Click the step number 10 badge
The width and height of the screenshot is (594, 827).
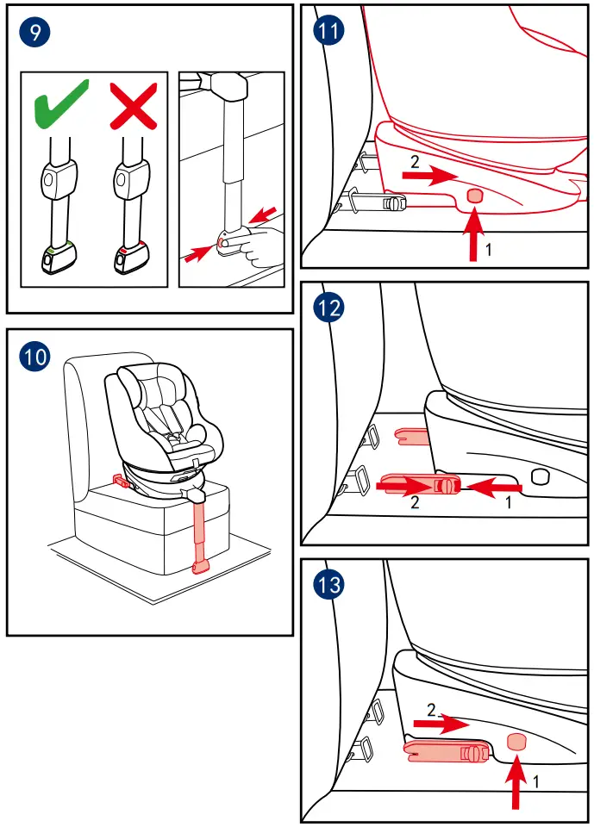coord(34,357)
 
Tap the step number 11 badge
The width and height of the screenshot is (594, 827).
coord(328,32)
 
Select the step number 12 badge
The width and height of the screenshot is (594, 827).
coord(328,308)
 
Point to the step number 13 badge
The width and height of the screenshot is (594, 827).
coord(328,585)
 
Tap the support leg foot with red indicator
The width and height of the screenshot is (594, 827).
coord(129,258)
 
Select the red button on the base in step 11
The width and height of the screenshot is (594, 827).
coord(474,196)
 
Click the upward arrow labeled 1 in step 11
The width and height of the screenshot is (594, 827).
coord(474,234)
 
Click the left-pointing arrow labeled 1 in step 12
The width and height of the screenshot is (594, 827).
coord(495,488)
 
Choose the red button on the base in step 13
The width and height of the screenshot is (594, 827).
coord(516,741)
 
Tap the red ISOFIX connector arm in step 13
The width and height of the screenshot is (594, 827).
coord(445,752)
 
